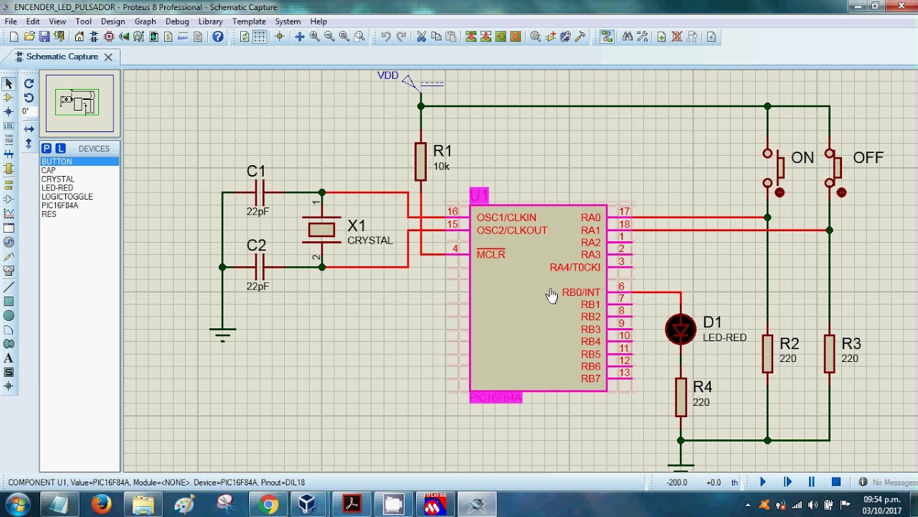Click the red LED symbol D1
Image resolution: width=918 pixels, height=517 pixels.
click(x=681, y=330)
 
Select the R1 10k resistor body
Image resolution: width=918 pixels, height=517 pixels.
click(x=421, y=161)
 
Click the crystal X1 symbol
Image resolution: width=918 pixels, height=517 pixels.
click(x=321, y=230)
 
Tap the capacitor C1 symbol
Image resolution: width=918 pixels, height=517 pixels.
click(x=260, y=192)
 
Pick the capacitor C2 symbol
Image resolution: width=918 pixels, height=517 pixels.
click(x=260, y=267)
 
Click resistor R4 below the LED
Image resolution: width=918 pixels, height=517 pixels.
click(x=681, y=397)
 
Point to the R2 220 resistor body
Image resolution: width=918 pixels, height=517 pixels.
click(x=767, y=353)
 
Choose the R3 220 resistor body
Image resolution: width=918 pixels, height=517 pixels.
click(x=830, y=353)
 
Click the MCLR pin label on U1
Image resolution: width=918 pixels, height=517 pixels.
click(x=491, y=255)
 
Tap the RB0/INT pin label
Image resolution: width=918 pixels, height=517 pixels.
click(x=581, y=292)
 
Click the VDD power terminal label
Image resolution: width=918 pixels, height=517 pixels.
click(x=388, y=75)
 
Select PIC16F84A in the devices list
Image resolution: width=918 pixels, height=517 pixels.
click(x=60, y=205)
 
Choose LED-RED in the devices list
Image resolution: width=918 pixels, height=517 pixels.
click(x=57, y=188)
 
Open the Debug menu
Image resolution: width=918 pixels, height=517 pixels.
click(x=177, y=22)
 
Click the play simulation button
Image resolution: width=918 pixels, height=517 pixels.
click(x=762, y=483)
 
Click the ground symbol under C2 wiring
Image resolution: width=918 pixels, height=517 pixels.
click(x=222, y=334)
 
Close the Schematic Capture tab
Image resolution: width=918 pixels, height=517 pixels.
click(x=108, y=57)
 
